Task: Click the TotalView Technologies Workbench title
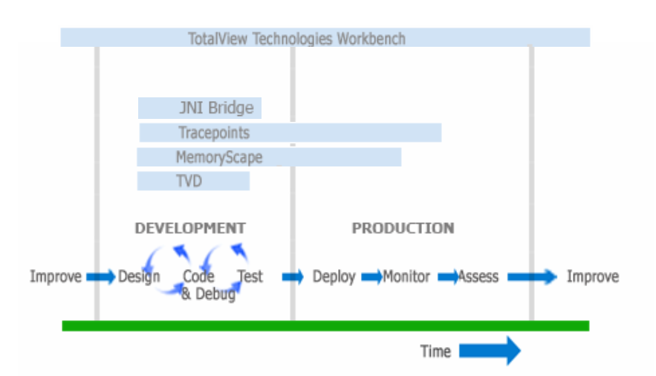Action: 296,39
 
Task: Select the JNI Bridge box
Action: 200,108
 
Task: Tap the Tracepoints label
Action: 214,132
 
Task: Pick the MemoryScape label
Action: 219,158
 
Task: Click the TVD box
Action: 193,181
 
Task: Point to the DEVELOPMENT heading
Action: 190,228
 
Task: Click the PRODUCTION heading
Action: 403,228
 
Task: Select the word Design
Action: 139,277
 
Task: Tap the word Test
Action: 250,276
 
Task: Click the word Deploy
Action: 334,277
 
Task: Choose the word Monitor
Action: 406,276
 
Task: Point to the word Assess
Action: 478,276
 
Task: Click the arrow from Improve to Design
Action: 101,276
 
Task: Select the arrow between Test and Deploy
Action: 293,276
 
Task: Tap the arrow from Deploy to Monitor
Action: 372,276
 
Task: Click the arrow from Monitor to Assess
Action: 448,276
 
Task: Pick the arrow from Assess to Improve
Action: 532,276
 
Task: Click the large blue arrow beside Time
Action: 490,351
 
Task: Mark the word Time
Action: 435,351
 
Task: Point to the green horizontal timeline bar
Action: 325,325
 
